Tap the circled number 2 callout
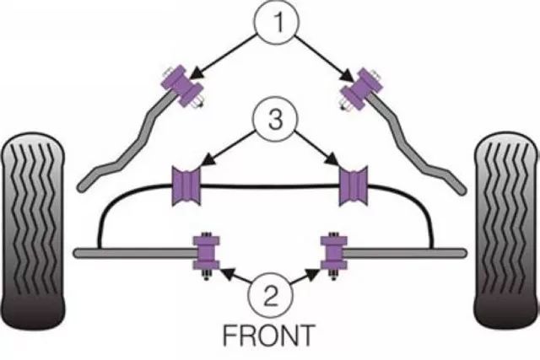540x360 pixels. point(269,294)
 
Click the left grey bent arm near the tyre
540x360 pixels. point(127,152)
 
